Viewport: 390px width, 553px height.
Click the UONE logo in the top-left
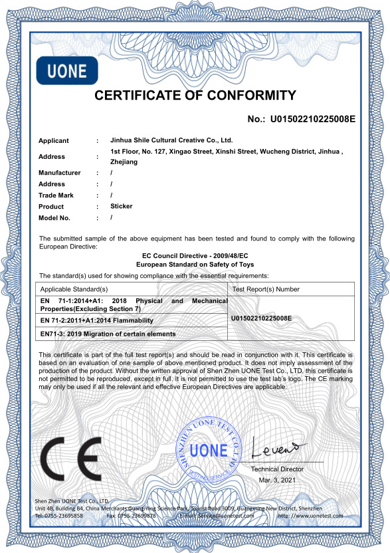point(66,71)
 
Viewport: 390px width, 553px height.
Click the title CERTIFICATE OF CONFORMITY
point(195,96)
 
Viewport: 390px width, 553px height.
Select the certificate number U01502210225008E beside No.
point(312,120)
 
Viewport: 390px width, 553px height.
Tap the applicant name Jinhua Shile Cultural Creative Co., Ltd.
point(171,141)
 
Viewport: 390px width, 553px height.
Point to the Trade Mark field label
point(56,195)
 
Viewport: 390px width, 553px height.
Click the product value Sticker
point(121,206)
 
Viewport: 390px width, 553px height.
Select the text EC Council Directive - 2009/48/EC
point(195,256)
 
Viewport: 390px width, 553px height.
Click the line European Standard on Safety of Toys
point(195,264)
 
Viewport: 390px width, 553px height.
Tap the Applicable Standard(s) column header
point(74,289)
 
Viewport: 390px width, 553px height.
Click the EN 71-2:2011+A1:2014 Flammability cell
point(101,320)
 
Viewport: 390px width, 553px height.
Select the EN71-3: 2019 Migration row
point(108,334)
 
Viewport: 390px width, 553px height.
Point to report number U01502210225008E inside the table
point(261,318)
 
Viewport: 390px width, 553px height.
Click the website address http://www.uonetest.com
point(310,516)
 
